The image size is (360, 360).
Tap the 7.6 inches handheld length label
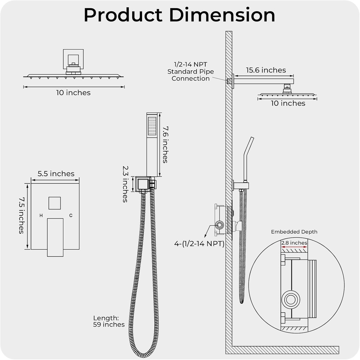(165, 144)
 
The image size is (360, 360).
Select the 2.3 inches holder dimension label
(125, 184)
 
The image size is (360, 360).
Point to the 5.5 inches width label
(56, 174)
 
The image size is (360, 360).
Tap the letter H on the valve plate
(41, 216)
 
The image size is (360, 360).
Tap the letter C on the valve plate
(71, 216)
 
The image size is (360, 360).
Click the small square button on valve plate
(55, 203)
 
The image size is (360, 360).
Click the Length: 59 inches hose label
(109, 321)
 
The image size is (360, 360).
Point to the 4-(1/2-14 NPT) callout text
(199, 243)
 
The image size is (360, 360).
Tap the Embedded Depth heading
(294, 232)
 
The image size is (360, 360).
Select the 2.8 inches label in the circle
(294, 243)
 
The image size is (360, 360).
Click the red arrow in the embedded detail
(294, 247)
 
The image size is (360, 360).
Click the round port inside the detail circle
(290, 300)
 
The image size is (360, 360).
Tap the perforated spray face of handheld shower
(152, 126)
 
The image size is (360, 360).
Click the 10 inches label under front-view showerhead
(73, 93)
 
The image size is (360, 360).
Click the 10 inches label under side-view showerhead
(288, 103)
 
